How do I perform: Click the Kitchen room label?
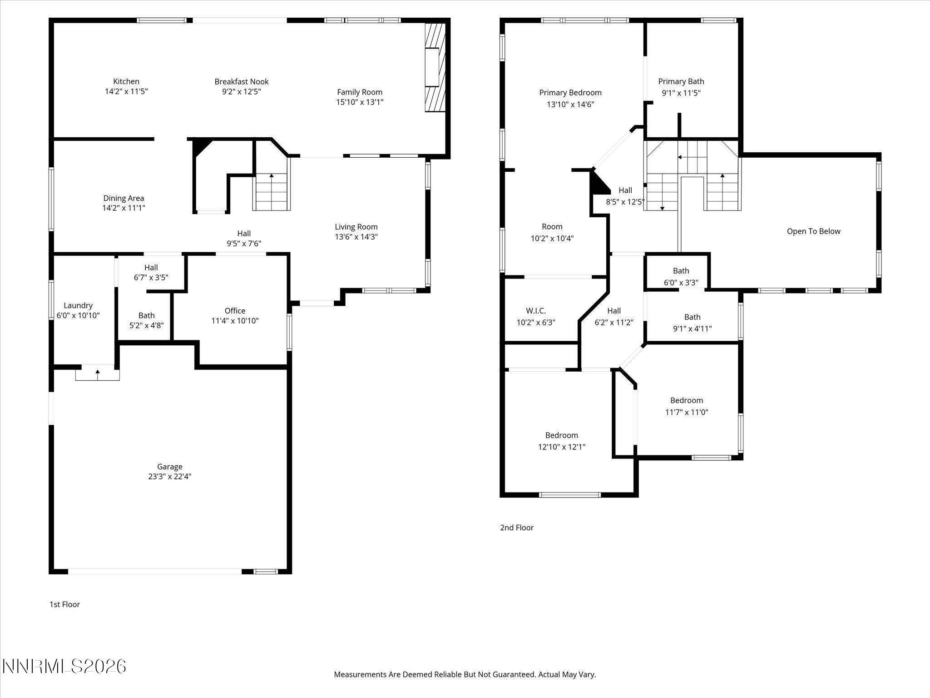pyautogui.click(x=126, y=81)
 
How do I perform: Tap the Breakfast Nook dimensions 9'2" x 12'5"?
pyautogui.click(x=241, y=92)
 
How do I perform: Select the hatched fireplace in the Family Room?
pyautogui.click(x=435, y=67)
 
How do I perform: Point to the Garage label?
pyautogui.click(x=170, y=467)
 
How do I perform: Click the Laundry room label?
pyautogui.click(x=78, y=305)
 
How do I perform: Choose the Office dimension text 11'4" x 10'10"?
pyautogui.click(x=235, y=321)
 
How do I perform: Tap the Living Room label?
pyautogui.click(x=356, y=227)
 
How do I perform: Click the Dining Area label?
pyautogui.click(x=124, y=198)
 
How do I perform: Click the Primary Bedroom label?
pyautogui.click(x=570, y=93)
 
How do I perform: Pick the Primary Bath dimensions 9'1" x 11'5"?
pyautogui.click(x=681, y=93)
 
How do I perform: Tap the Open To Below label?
pyautogui.click(x=813, y=231)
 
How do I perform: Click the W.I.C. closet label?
pyautogui.click(x=536, y=311)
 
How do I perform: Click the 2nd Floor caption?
pyautogui.click(x=517, y=528)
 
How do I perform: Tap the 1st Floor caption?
pyautogui.click(x=64, y=604)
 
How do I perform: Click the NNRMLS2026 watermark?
pyautogui.click(x=64, y=667)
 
